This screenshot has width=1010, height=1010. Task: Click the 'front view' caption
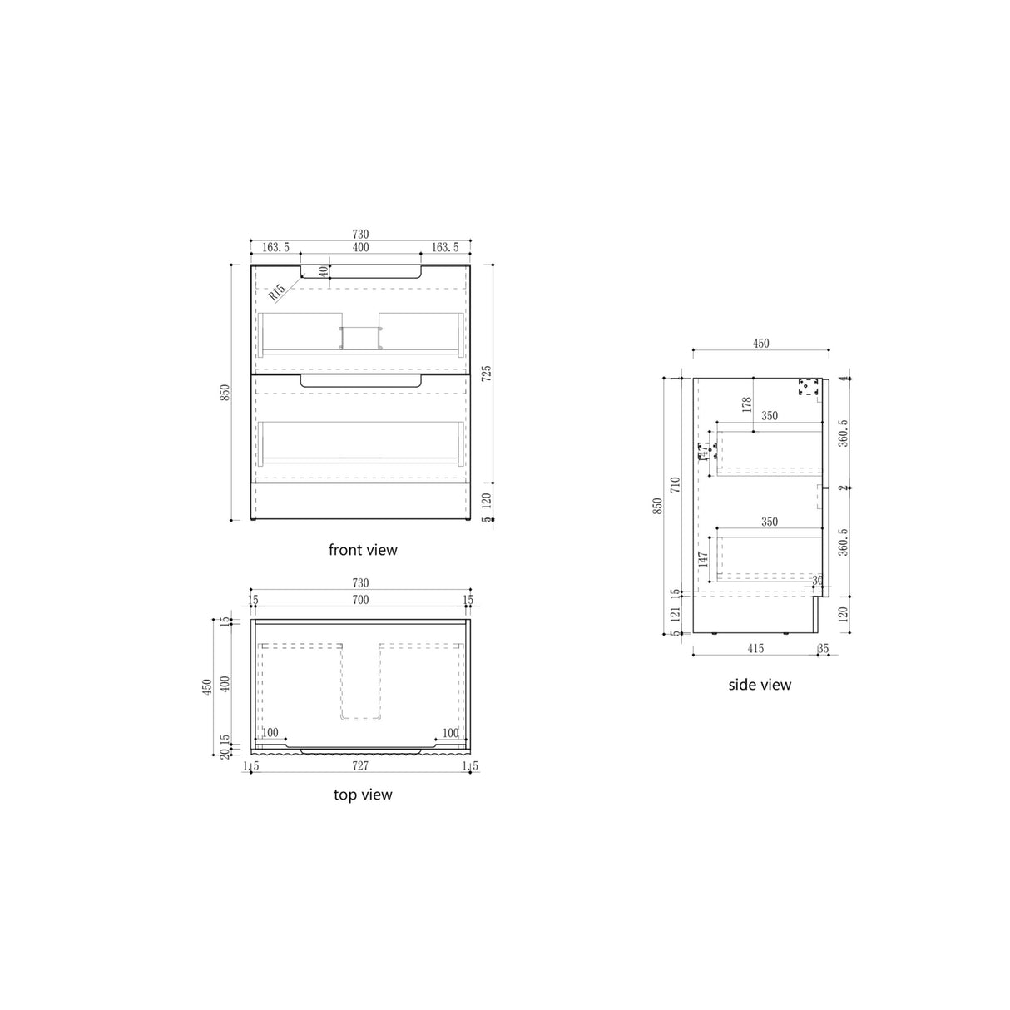[363, 550]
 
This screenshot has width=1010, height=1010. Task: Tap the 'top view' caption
[363, 795]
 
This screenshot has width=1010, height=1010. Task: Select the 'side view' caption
[760, 685]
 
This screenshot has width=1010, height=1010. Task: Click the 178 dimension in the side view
[747, 404]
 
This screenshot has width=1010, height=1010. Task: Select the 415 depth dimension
[755, 647]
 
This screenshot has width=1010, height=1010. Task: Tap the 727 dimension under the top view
[360, 765]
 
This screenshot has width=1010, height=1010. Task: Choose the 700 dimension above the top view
[360, 600]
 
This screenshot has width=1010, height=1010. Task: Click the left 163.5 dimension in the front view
[275, 247]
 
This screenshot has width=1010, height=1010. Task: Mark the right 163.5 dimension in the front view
[445, 247]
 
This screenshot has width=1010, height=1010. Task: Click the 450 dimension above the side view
[760, 344]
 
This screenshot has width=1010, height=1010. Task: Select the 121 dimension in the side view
[675, 613]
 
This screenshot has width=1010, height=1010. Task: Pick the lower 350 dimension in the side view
[770, 522]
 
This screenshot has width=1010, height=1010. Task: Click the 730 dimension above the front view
[360, 235]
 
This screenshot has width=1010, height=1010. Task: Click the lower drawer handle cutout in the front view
[360, 381]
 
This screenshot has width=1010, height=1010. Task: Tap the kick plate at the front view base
[360, 502]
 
